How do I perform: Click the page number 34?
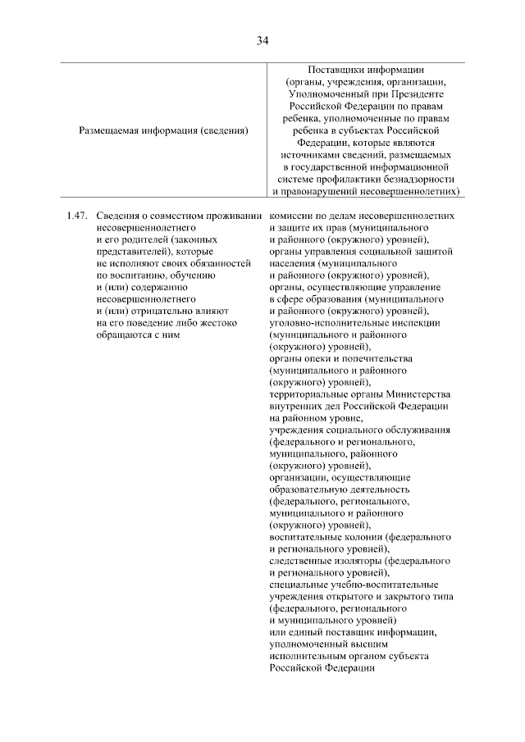(x=262, y=39)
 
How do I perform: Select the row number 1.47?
(x=77, y=216)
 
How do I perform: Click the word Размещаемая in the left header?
(x=109, y=130)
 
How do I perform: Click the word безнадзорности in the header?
(x=415, y=178)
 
